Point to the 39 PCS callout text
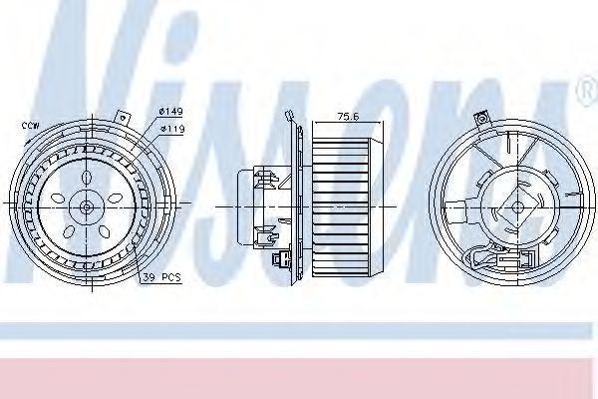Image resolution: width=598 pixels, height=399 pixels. [160, 275]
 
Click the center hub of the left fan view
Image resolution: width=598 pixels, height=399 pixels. [87, 206]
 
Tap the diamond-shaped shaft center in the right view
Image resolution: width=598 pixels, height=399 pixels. [516, 207]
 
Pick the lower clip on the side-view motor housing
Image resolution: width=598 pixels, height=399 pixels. [265, 236]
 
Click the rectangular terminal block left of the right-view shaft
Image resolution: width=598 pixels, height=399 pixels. [461, 211]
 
